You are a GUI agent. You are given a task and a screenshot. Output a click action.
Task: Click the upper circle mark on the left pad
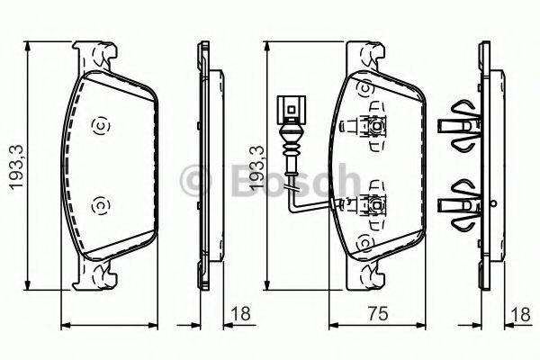click(x=99, y=125)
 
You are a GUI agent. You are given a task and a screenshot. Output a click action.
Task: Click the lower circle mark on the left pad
click(x=99, y=207)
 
